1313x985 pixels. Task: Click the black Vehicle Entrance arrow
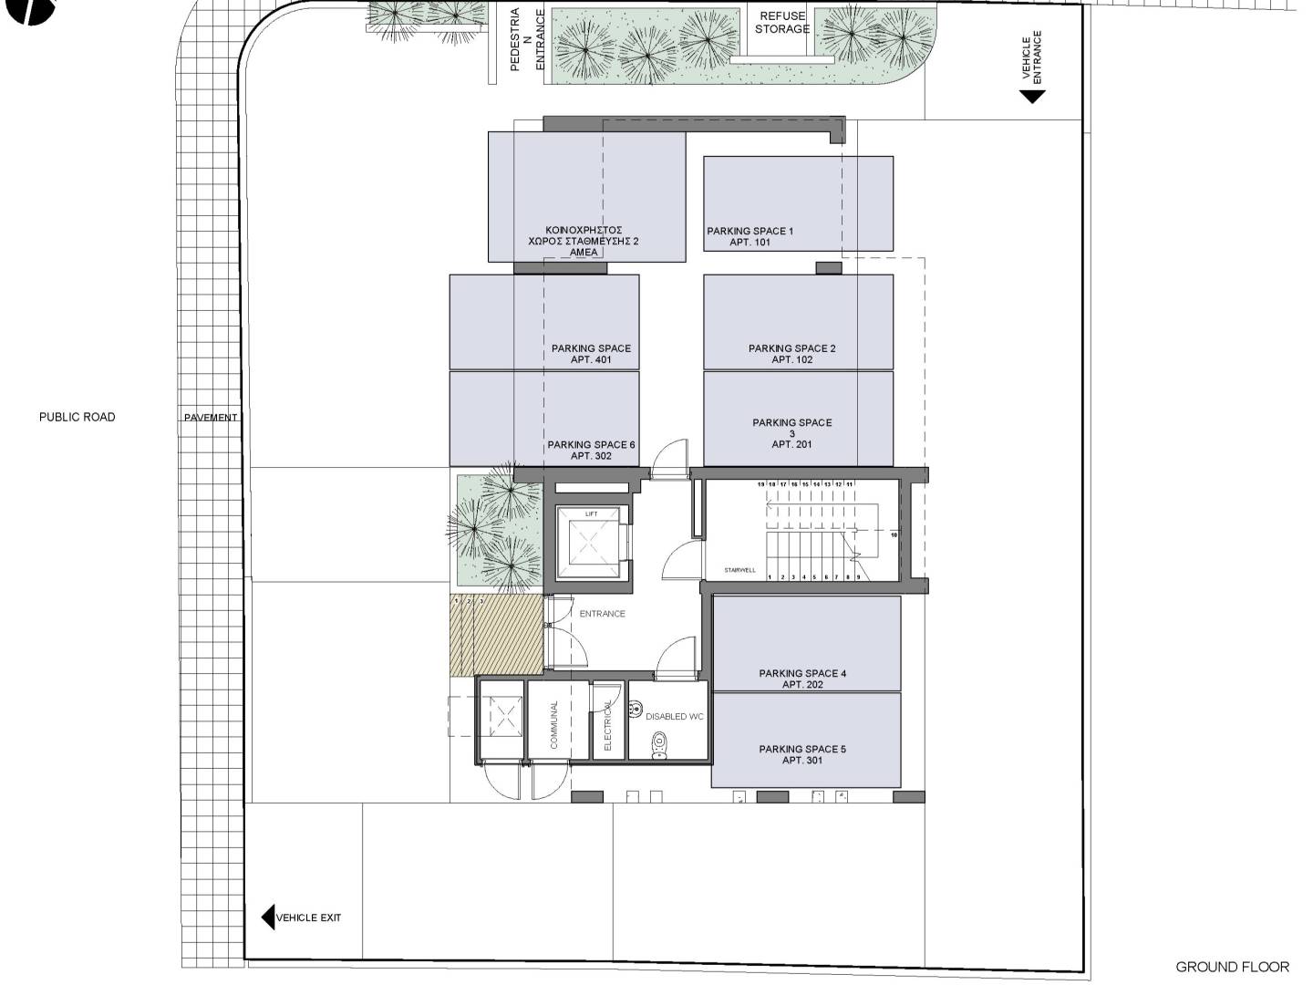pos(1031,96)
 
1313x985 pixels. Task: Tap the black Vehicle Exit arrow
pos(268,917)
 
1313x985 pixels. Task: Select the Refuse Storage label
pos(782,22)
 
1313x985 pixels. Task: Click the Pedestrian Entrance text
pos(526,40)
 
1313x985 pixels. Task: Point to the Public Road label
pos(78,417)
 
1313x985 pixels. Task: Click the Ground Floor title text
pos(1232,967)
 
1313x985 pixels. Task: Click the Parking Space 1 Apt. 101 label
pos(750,237)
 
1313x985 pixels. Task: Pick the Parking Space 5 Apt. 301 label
pos(802,754)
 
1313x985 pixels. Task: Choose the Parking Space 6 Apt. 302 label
pos(591,451)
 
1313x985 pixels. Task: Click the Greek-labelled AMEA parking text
pos(584,241)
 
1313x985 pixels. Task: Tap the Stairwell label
pos(739,570)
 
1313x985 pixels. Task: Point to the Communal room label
pos(553,725)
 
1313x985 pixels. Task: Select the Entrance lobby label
pos(602,614)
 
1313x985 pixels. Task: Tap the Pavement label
pos(211,418)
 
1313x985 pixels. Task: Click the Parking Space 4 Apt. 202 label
pos(802,679)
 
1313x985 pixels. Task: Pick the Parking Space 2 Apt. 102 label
pos(791,354)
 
